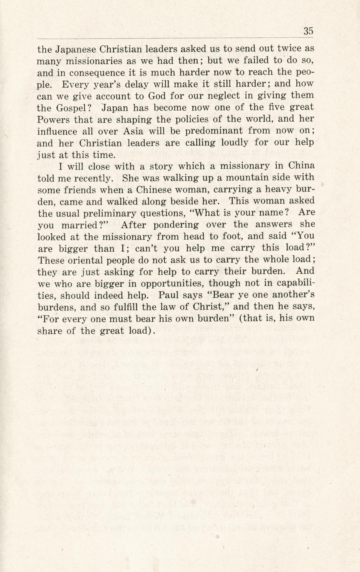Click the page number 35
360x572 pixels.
point(308,31)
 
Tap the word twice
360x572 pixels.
point(291,49)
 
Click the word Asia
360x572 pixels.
point(133,131)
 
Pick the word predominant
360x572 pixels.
point(214,131)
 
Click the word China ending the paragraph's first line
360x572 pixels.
point(301,166)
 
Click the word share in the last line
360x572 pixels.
point(50,331)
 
